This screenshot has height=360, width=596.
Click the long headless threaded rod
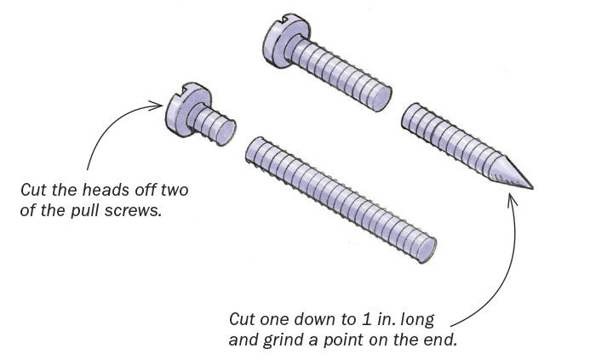click(341, 196)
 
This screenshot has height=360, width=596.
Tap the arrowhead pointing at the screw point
click(513, 199)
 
